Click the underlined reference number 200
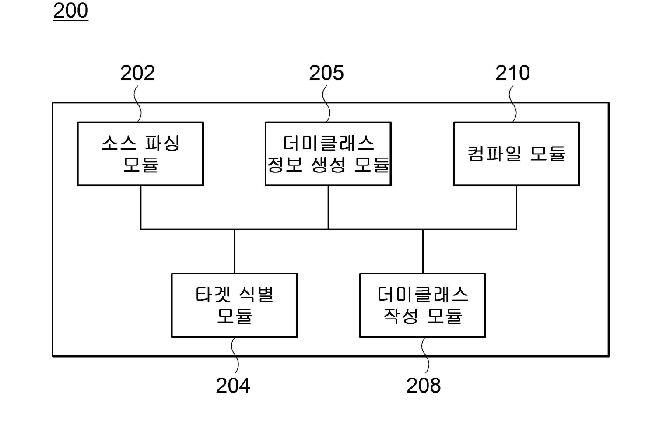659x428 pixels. coord(71,11)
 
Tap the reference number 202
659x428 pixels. coord(138,73)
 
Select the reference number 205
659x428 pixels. coord(326,73)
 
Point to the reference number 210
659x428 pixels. coord(512,73)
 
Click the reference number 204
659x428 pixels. coord(233,386)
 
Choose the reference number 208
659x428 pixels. coord(424,386)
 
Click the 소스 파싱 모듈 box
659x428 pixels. coord(140,154)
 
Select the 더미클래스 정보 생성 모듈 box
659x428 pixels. coord(328,154)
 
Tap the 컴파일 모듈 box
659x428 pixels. coord(516,154)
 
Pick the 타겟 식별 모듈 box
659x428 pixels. coord(235,305)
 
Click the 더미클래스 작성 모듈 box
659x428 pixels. coord(423,305)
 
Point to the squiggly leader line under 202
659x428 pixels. coord(138,103)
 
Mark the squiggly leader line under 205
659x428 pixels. coord(326,103)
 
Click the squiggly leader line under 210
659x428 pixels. coord(512,103)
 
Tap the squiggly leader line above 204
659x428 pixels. coord(235,355)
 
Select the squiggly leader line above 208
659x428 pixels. coord(425,355)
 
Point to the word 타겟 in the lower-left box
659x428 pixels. coord(213,295)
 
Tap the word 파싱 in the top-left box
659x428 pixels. coord(162,143)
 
